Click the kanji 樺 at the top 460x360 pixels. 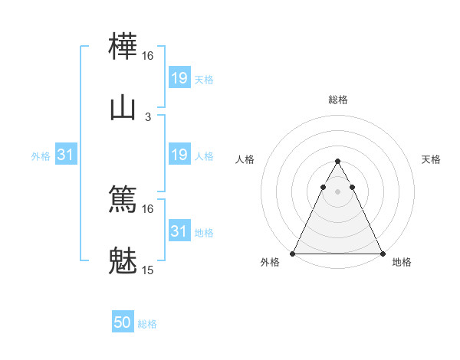point(123,48)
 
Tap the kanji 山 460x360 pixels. point(123,108)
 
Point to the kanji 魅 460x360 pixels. point(123,260)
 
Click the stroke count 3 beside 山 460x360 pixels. point(148,116)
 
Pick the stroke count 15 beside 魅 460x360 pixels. point(148,270)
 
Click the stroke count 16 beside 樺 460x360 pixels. point(148,56)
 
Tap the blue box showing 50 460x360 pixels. point(123,323)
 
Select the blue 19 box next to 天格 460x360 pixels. point(179,77)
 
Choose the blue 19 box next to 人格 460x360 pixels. point(179,155)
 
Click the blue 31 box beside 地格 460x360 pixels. point(179,231)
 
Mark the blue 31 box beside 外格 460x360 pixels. point(66,155)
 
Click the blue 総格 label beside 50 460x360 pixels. point(147,324)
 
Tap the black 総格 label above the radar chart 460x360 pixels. point(337,100)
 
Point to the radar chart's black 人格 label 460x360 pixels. point(245,159)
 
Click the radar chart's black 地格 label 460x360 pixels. point(402,262)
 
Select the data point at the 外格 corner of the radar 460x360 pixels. point(293,253)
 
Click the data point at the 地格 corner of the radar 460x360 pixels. point(382,253)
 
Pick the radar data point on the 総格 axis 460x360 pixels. point(337,162)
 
